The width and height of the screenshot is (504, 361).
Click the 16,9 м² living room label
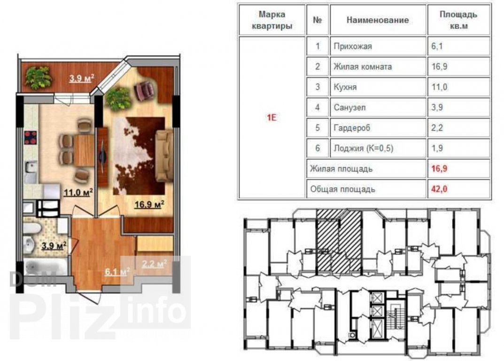[x=149, y=204]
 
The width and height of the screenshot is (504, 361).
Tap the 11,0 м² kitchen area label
[x=78, y=192]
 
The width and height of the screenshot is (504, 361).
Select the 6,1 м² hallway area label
[x=117, y=272]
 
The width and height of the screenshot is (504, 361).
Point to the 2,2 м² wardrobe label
[x=154, y=264]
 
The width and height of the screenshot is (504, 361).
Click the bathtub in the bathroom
[x=45, y=267]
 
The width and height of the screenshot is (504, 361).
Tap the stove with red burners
[x=31, y=137]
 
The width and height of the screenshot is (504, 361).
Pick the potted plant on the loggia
[x=38, y=77]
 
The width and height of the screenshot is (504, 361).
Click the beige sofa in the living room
[x=164, y=156]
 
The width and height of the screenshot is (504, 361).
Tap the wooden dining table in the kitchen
[x=84, y=150]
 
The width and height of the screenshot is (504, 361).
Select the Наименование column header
[x=378, y=20]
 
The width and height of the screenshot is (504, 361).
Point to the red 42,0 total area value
[x=439, y=189]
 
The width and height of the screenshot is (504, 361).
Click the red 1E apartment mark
[x=271, y=118]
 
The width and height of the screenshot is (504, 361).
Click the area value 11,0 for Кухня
[x=439, y=87]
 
